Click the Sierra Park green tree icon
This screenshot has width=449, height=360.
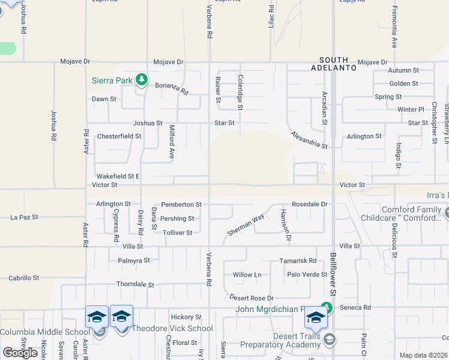tap(142, 80)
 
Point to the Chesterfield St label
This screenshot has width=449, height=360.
tap(119, 136)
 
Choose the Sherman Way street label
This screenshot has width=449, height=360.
tap(246, 224)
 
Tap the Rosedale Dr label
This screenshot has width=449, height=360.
tap(310, 204)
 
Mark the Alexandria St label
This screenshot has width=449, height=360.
tap(309, 140)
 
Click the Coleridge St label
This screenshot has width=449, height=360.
tap(240, 92)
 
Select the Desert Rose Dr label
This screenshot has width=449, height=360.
tap(252, 298)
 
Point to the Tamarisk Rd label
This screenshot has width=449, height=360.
tap(298, 261)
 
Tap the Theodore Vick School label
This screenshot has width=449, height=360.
tap(172, 328)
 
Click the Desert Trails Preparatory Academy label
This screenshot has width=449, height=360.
tap(281, 340)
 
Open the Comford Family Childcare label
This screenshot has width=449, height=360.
tap(402, 214)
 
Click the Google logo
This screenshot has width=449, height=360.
tap(20, 353)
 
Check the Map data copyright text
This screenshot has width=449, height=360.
tap(423, 355)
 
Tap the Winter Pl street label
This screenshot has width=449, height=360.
tap(411, 109)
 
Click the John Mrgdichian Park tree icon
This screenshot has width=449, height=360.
tap(326, 307)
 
